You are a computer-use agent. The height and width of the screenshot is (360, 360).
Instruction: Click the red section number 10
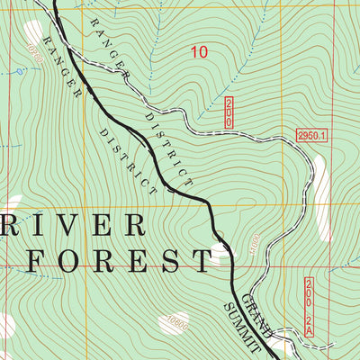[x=199, y=52]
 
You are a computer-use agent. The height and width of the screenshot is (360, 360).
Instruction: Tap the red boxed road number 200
[x=229, y=112]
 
